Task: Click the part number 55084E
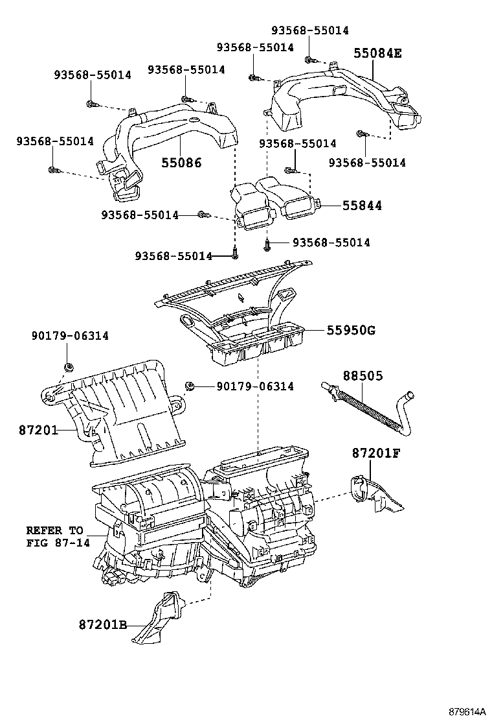377,53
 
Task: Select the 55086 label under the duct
181,163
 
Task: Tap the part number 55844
362,206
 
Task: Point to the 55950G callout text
350,331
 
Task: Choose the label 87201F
377,453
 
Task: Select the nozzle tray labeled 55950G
246,318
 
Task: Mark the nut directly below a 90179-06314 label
68,368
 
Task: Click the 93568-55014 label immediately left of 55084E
255,47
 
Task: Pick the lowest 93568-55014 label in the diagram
173,256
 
